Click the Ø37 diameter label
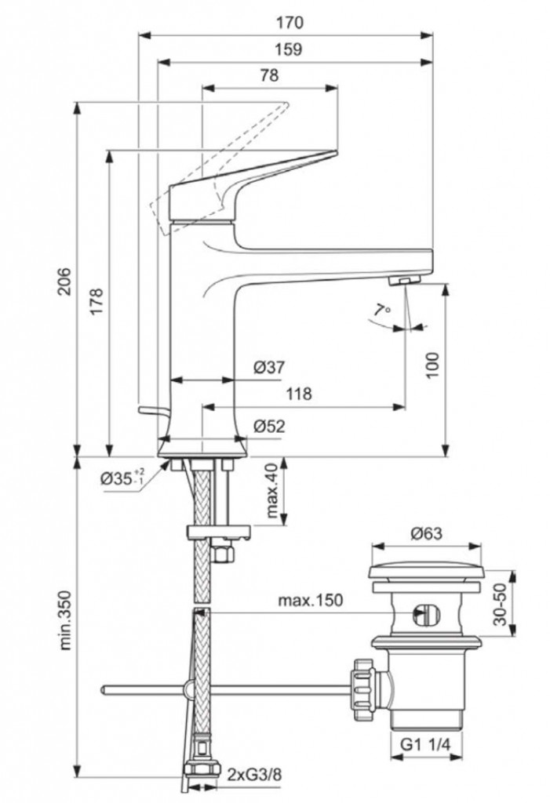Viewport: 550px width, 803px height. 269,367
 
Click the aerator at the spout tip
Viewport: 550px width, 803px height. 406,282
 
